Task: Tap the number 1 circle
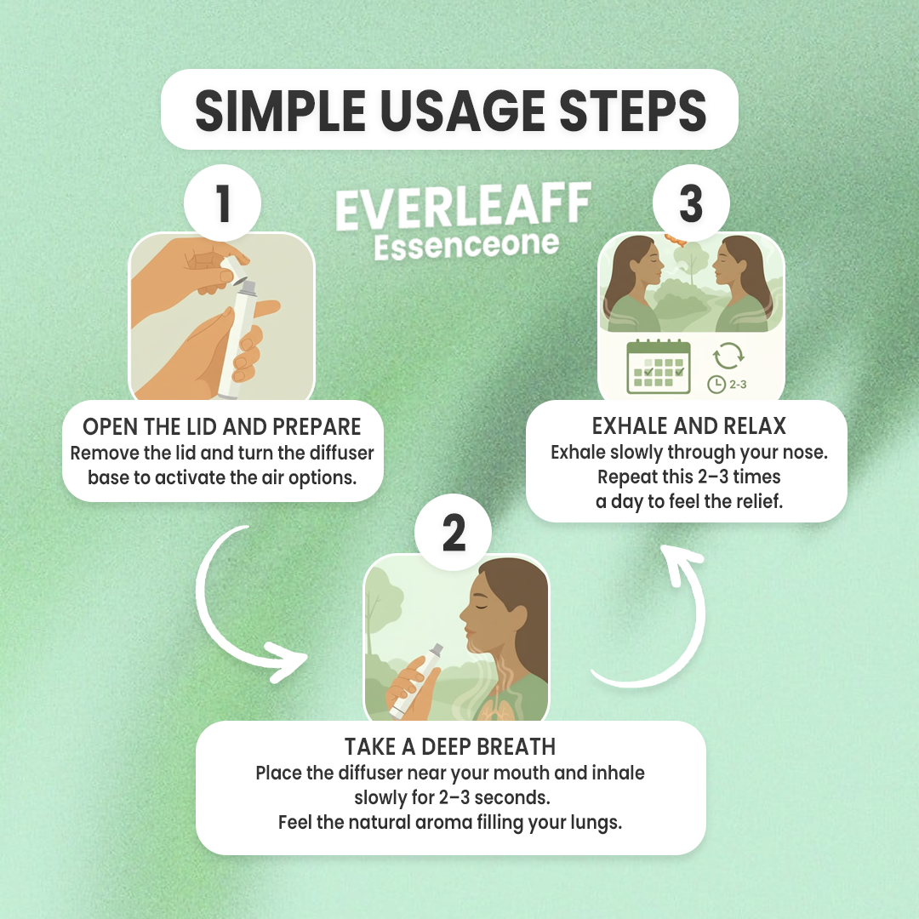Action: pyautogui.click(x=222, y=204)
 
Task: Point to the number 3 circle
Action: pyautogui.click(x=690, y=204)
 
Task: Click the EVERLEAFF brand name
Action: pyautogui.click(x=463, y=209)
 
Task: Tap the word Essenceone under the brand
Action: pyautogui.click(x=466, y=246)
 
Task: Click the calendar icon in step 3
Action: pyautogui.click(x=658, y=367)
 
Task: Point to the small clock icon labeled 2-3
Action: pyautogui.click(x=716, y=385)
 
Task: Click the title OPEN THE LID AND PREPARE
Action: pyautogui.click(x=222, y=426)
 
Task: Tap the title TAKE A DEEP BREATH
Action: pyautogui.click(x=450, y=747)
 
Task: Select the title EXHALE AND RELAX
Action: pyautogui.click(x=688, y=425)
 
